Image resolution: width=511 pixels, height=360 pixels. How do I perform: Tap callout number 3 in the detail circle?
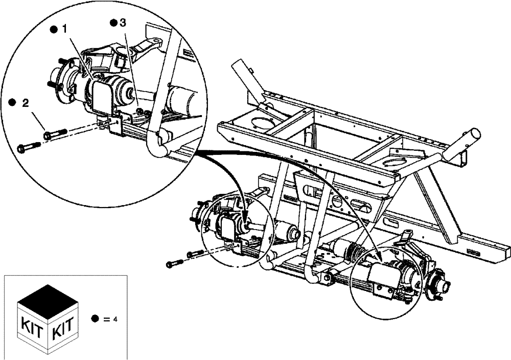pyautogui.click(x=122, y=23)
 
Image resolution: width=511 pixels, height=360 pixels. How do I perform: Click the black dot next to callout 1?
pyautogui.click(x=53, y=30)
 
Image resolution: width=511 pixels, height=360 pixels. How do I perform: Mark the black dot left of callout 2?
pyautogui.click(x=12, y=103)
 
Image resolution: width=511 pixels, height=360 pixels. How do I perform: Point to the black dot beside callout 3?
pyautogui.click(x=113, y=23)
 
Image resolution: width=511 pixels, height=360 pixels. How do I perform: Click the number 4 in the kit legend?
pyautogui.click(x=115, y=319)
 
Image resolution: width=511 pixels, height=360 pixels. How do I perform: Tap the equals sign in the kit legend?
pyautogui.click(x=106, y=319)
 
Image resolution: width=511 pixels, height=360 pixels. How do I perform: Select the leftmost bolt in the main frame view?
pyautogui.click(x=175, y=264)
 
